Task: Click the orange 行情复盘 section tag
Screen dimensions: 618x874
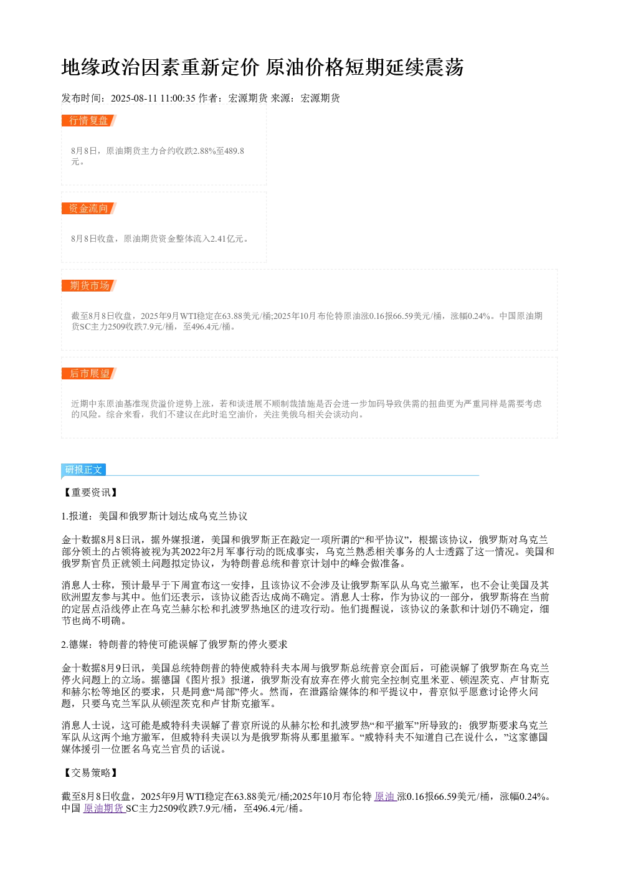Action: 89,121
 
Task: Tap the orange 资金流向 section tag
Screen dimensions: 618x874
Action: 89,208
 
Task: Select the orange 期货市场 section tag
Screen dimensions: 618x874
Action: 89,285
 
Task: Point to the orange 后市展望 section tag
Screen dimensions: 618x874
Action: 89,373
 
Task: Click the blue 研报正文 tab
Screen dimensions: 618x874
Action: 83,469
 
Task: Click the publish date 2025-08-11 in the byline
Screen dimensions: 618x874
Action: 134,98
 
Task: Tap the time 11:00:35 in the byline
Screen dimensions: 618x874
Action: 178,98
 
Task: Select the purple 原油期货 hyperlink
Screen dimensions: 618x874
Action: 104,809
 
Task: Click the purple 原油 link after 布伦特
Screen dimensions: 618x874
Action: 386,797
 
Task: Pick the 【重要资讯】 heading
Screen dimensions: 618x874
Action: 90,492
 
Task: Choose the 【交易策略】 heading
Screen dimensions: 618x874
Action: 90,772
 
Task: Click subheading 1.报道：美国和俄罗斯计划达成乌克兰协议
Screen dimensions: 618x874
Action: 154,516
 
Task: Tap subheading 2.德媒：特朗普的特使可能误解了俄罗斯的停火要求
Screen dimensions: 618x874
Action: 174,644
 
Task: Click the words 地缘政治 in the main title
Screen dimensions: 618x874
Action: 102,67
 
